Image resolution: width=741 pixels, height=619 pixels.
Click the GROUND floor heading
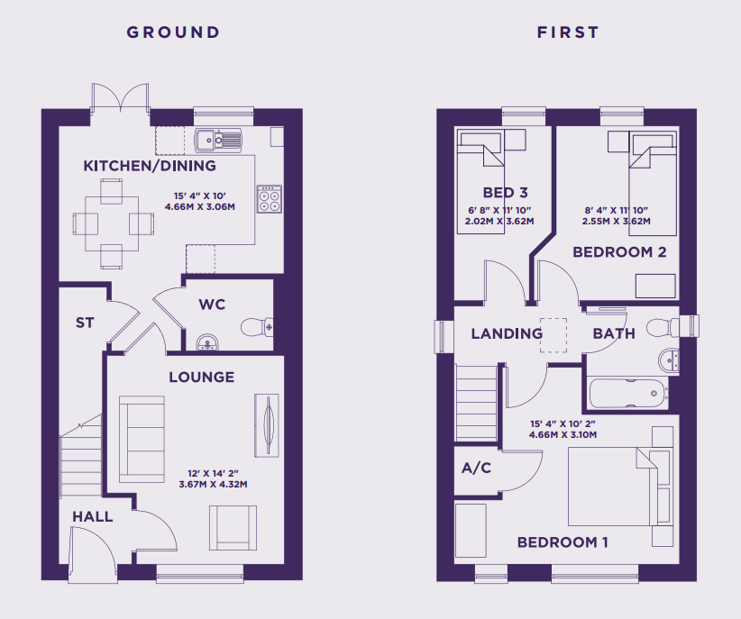click(x=173, y=32)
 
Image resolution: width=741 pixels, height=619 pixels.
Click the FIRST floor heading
click(x=568, y=32)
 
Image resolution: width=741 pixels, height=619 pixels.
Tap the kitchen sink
click(x=218, y=140)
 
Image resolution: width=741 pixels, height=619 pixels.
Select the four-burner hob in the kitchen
click(x=270, y=199)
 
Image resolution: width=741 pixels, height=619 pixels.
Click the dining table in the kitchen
click(x=112, y=223)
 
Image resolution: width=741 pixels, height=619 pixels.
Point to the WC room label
click(x=212, y=305)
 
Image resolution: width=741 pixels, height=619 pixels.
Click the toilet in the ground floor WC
click(x=257, y=327)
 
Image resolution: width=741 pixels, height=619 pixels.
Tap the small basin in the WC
click(x=207, y=342)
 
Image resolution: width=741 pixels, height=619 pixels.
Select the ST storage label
click(x=85, y=323)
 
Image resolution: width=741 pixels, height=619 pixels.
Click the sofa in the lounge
click(x=142, y=440)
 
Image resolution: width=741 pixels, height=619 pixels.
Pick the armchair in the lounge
click(x=233, y=528)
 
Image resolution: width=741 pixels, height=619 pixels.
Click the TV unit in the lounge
click(x=267, y=425)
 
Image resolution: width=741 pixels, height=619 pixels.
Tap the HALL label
click(x=93, y=516)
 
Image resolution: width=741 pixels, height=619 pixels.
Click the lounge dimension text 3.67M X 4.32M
click(x=213, y=485)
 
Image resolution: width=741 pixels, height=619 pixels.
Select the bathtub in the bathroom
click(x=628, y=393)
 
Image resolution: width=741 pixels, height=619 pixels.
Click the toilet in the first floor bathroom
click(x=672, y=327)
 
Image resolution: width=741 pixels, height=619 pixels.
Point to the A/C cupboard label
click(x=476, y=468)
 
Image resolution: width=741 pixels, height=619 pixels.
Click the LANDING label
click(x=507, y=333)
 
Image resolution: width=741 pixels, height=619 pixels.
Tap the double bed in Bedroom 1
click(x=613, y=487)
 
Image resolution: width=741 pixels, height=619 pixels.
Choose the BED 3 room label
click(x=505, y=192)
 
